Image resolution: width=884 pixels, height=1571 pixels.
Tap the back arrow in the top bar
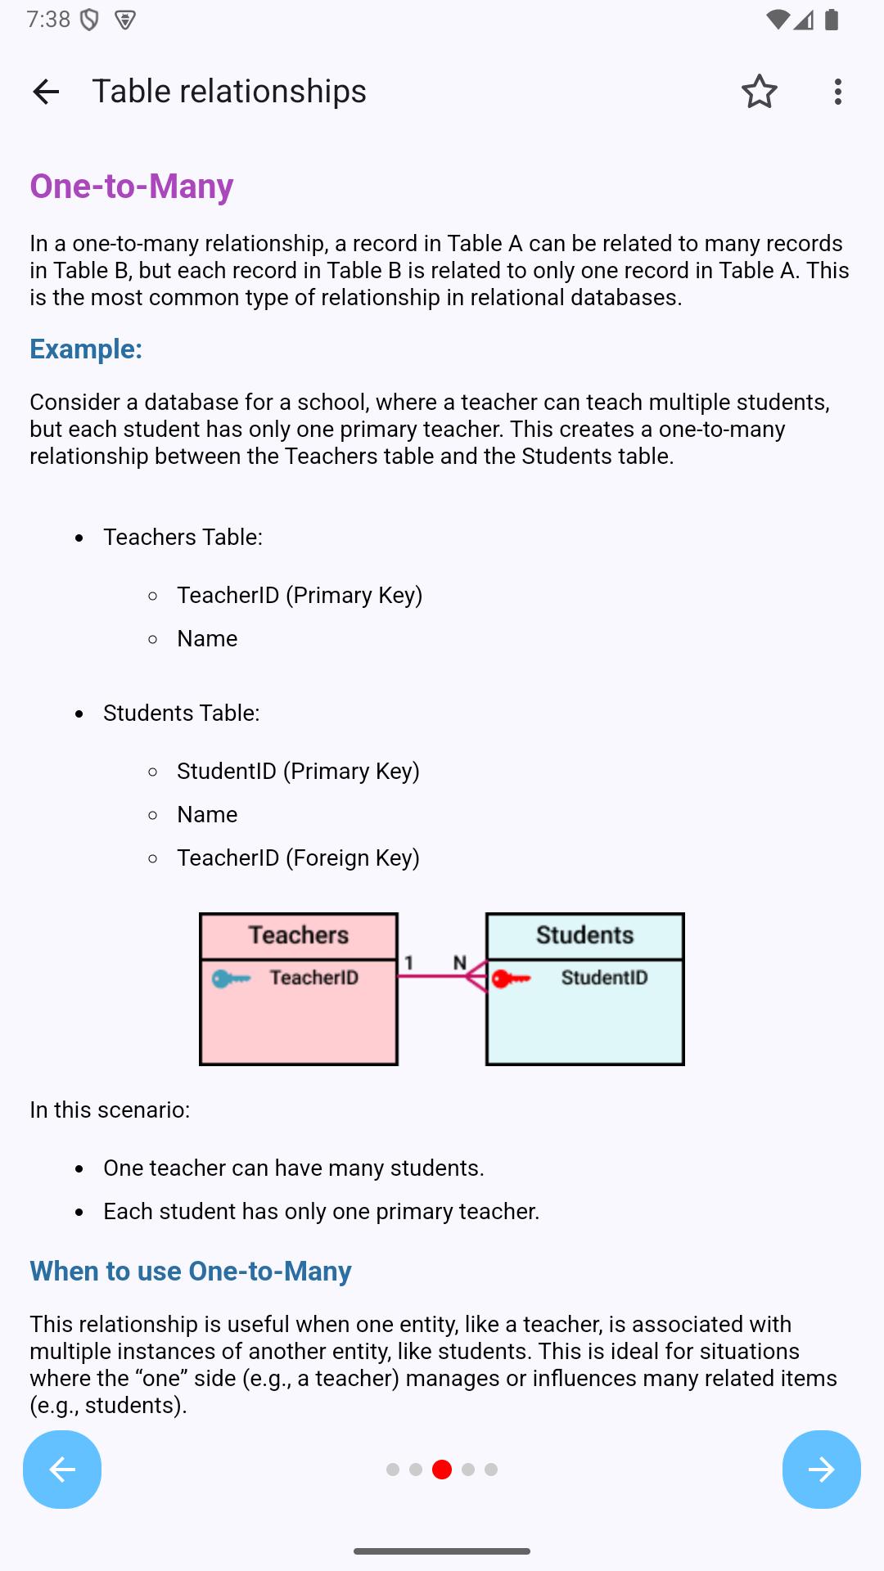point(46,92)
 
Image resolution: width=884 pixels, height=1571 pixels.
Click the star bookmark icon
point(759,92)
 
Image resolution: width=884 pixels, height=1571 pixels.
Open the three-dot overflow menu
point(837,92)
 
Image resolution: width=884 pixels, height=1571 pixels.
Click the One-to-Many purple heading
point(132,187)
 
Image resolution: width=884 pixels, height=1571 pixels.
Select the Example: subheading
point(86,349)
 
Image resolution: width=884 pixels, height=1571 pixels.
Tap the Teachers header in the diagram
point(299,935)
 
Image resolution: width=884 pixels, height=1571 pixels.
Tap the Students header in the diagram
point(584,935)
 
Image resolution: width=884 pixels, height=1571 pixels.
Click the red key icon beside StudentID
point(511,979)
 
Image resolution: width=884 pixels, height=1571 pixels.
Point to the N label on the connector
point(460,963)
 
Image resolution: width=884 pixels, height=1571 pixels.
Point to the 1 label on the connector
point(409,963)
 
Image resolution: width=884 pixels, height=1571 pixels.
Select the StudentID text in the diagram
point(604,978)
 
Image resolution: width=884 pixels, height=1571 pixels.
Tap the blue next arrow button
point(821,1470)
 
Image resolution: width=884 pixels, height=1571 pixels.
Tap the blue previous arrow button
point(62,1470)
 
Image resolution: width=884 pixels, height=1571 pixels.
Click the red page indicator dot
point(442,1470)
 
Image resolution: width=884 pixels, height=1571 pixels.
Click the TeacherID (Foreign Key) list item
point(298,858)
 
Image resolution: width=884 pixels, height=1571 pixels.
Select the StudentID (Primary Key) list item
point(298,772)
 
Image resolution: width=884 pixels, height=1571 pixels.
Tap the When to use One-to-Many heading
point(191,1272)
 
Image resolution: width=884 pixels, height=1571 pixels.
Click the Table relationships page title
point(229,92)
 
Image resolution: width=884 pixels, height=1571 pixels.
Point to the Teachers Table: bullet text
point(183,538)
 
